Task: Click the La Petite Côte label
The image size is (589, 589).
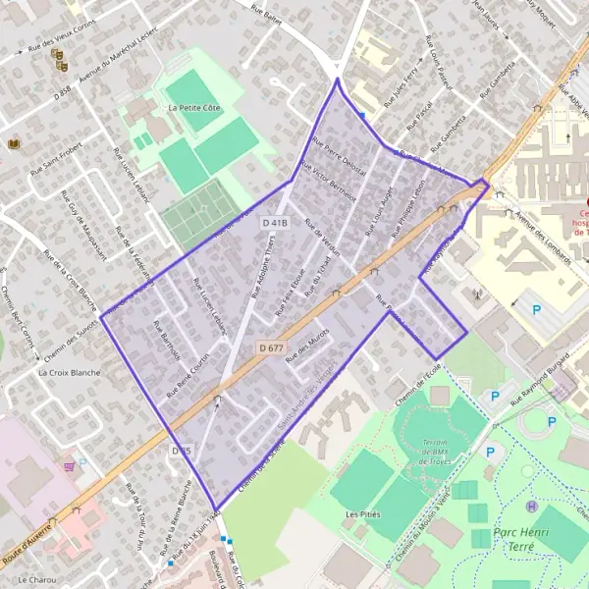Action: (198, 107)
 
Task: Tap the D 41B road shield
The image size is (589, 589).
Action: (276, 224)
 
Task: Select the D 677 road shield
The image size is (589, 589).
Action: (271, 348)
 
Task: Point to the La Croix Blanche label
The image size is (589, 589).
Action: (69, 373)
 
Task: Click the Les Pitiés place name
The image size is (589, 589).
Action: (362, 513)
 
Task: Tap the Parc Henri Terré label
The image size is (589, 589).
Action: (519, 539)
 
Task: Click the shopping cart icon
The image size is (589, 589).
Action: (69, 467)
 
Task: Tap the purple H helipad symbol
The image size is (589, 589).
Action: (531, 507)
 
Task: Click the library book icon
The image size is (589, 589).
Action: (13, 144)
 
